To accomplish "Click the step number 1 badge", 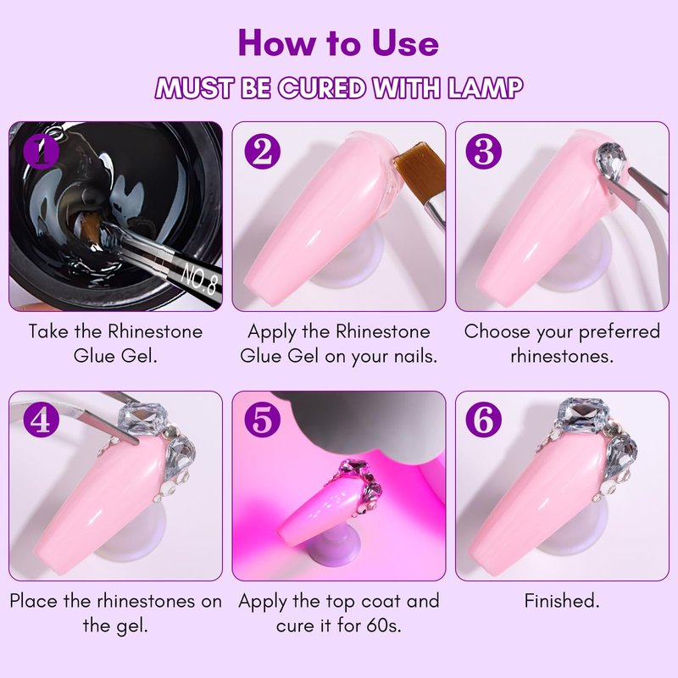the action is [x=42, y=151].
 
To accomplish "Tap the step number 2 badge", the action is [x=263, y=151].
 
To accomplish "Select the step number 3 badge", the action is [x=484, y=151].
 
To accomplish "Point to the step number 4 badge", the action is [x=42, y=420].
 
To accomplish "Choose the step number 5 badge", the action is [x=263, y=420].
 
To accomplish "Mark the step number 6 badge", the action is [x=484, y=420].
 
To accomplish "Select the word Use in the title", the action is [x=405, y=43].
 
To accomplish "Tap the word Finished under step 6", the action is [x=562, y=601].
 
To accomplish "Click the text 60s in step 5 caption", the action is [x=384, y=625].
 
